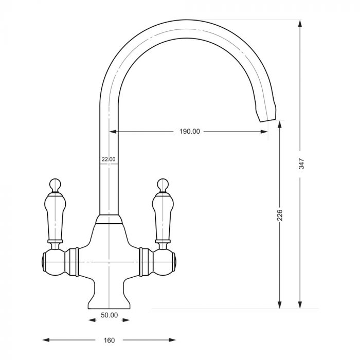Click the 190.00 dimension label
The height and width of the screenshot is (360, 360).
pyautogui.click(x=190, y=132)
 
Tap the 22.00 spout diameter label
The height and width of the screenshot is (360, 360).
pyautogui.click(x=109, y=159)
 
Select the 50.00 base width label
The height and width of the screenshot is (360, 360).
pyautogui.click(x=109, y=315)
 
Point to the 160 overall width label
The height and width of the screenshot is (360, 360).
pyautogui.click(x=109, y=340)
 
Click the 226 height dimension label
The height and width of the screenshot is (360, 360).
pyautogui.click(x=280, y=215)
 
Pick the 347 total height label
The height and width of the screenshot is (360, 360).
pyautogui.click(x=301, y=164)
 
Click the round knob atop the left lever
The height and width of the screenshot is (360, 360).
pyautogui.click(x=55, y=185)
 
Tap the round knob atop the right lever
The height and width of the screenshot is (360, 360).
pyautogui.click(x=163, y=185)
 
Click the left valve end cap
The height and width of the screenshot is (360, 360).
pyautogui.click(x=43, y=262)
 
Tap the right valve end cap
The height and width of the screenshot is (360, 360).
pyautogui.click(x=174, y=262)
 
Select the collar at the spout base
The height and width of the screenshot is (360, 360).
pyautogui.click(x=109, y=220)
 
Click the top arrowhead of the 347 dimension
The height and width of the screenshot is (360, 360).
pyautogui.click(x=300, y=24)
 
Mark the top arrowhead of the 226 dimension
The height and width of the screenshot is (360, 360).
pyautogui.click(x=279, y=125)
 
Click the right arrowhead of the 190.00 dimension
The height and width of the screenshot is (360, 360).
pyautogui.click(x=264, y=132)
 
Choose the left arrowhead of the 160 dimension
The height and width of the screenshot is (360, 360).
pyautogui.click(x=46, y=340)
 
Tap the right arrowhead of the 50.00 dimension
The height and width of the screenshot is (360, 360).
pyautogui.click(x=127, y=320)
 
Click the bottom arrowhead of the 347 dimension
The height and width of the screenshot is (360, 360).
pyautogui.click(x=300, y=304)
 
